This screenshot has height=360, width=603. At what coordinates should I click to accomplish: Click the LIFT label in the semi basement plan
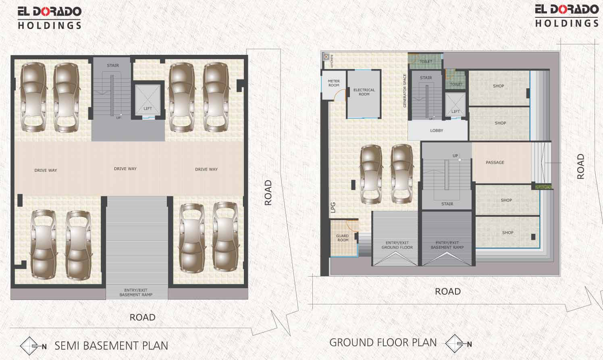(148, 108)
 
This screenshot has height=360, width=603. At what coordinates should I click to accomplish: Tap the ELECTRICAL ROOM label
(364, 92)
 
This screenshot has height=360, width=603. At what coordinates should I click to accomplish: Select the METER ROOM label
(334, 83)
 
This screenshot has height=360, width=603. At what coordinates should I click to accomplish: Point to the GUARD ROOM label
(343, 238)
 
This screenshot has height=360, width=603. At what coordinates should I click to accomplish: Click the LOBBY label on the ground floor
(437, 131)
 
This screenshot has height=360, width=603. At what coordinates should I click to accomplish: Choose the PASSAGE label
(495, 162)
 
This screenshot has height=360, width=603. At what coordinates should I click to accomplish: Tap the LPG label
(333, 208)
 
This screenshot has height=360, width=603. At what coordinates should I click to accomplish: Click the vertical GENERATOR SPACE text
(405, 91)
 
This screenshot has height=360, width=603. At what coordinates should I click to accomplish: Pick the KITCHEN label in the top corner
(332, 61)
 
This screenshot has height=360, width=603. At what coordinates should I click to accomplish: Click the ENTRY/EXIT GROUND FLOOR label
(397, 245)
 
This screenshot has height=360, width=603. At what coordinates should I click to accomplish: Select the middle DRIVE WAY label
(125, 169)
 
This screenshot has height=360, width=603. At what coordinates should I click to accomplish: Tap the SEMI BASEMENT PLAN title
(111, 346)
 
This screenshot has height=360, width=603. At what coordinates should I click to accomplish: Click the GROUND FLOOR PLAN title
(383, 343)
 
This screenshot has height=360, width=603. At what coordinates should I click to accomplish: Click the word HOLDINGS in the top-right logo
(567, 23)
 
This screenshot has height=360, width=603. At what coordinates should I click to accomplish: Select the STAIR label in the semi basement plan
(113, 65)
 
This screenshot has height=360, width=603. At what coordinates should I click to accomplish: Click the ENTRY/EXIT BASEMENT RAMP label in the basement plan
(136, 292)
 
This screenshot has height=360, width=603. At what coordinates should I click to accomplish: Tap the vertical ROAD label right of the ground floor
(580, 166)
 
